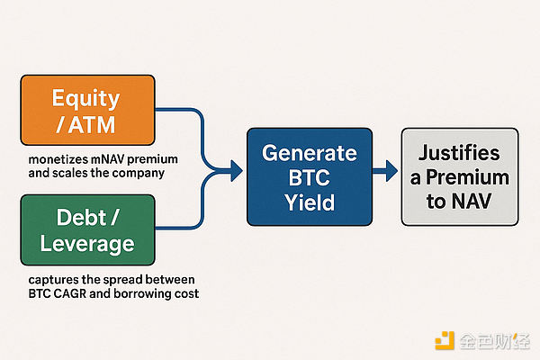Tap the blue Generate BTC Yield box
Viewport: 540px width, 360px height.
pos(309,177)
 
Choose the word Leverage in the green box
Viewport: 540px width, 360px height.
pos(87,245)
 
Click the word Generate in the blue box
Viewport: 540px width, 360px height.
pos(310,152)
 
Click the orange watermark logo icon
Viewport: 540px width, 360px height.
pos(444,341)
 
